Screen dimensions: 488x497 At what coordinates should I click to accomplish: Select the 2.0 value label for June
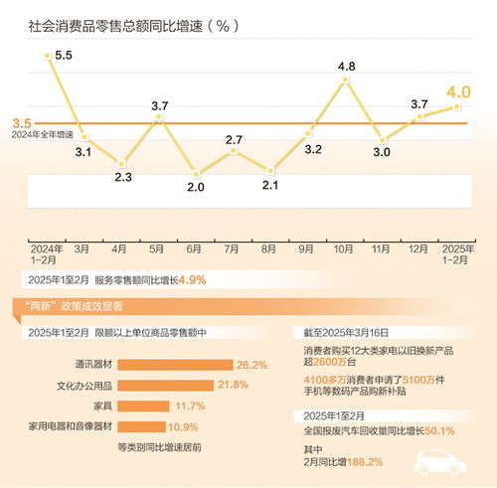195,186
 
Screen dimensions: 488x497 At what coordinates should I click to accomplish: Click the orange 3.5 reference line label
21,123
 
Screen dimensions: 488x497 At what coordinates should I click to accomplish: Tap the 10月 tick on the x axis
346,247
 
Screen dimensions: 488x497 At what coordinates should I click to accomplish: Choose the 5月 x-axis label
157,247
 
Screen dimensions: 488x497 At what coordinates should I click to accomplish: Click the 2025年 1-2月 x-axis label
458,252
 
